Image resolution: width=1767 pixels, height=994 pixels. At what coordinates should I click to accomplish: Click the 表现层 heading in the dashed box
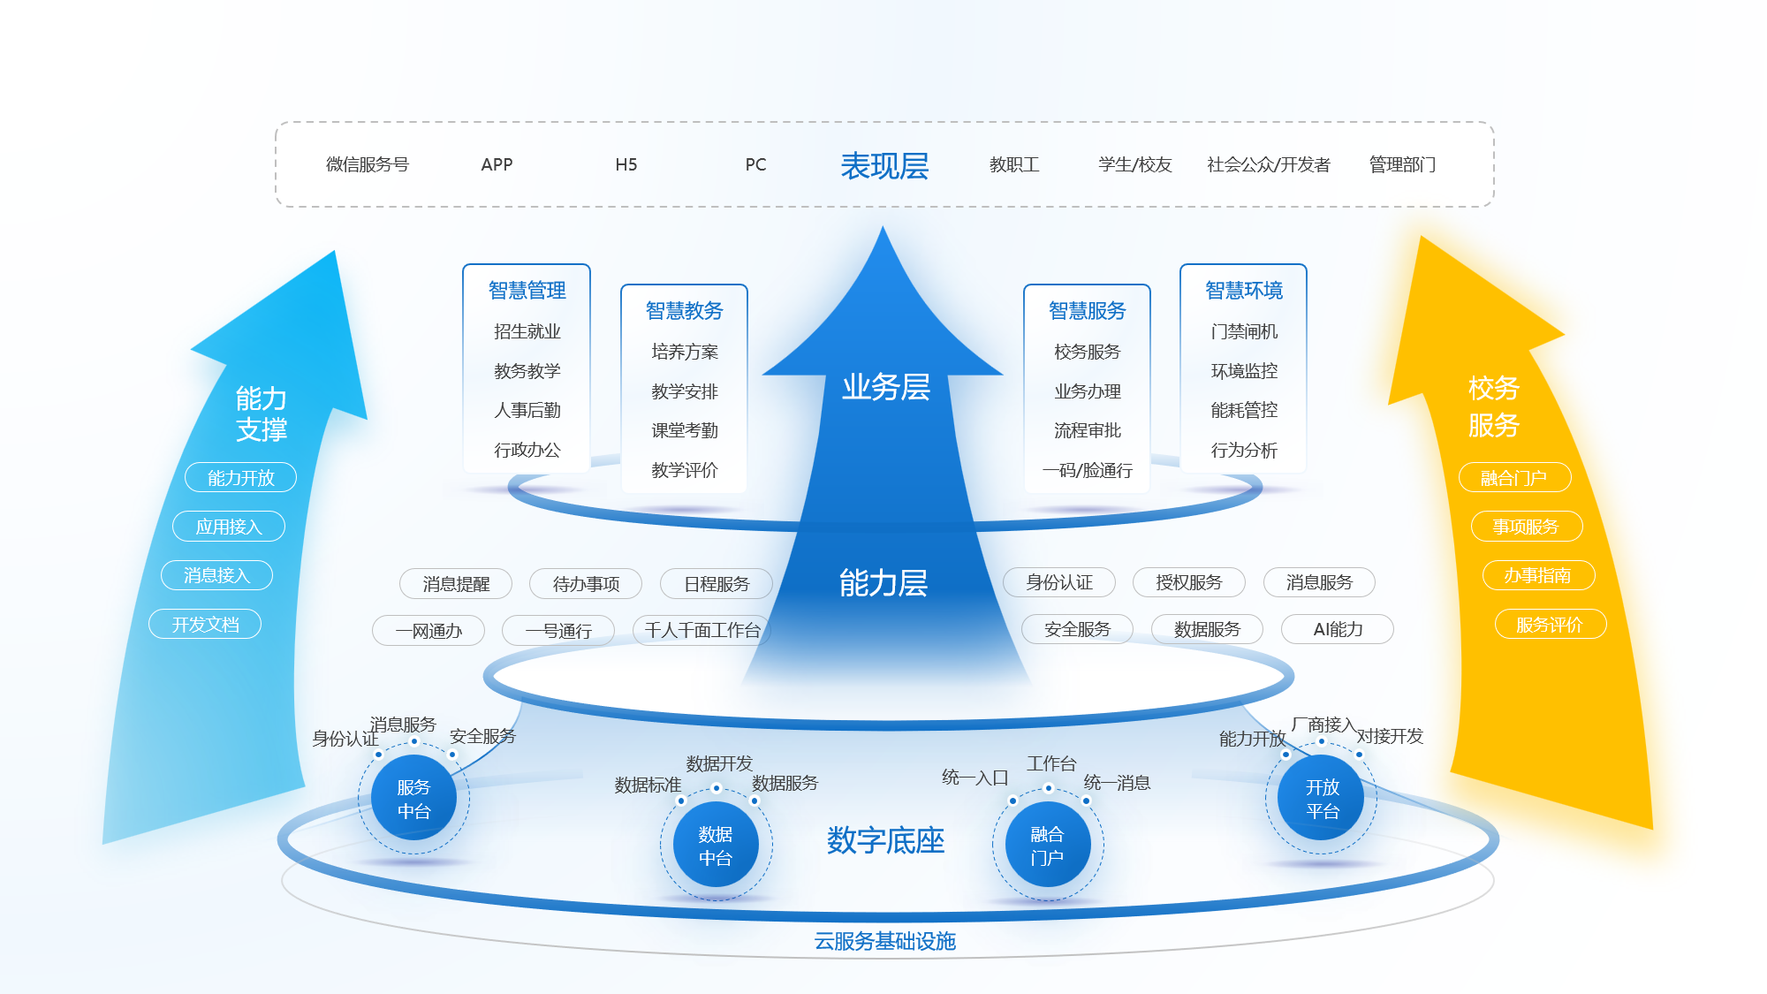[883, 165]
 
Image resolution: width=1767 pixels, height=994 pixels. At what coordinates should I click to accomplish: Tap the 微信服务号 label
[368, 164]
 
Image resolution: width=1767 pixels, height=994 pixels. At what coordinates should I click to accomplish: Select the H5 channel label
[626, 164]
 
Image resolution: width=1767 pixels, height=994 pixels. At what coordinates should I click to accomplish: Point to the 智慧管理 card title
[527, 290]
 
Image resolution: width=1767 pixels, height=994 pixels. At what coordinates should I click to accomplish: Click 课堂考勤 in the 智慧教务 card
[684, 430]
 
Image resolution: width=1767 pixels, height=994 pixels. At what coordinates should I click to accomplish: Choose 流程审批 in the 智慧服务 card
[1087, 430]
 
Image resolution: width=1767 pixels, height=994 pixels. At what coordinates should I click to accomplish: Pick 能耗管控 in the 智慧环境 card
[1244, 410]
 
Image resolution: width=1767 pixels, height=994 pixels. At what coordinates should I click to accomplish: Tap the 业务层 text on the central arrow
[885, 387]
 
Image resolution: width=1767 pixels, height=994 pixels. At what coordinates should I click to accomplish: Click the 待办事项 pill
[586, 583]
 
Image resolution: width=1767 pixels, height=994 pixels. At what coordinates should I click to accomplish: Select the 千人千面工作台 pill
[701, 630]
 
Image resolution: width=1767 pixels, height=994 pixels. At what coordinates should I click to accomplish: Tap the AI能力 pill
[1338, 629]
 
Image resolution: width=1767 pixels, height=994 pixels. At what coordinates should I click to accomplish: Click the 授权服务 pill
[1188, 582]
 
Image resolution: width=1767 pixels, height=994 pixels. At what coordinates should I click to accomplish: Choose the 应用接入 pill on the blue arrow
[229, 527]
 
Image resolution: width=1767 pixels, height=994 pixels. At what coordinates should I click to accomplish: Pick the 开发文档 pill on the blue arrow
[205, 624]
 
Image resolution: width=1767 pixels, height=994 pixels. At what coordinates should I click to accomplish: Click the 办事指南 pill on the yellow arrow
[1537, 575]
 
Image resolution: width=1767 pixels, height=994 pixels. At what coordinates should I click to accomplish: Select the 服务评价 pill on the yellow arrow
[1550, 625]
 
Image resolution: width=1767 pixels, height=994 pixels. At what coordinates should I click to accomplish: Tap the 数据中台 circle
[716, 845]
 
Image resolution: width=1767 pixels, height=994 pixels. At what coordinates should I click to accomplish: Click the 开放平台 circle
[1322, 798]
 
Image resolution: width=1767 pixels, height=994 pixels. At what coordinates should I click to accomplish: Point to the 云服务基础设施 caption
[884, 941]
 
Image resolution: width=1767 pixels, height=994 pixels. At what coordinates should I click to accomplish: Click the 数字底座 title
[885, 840]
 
